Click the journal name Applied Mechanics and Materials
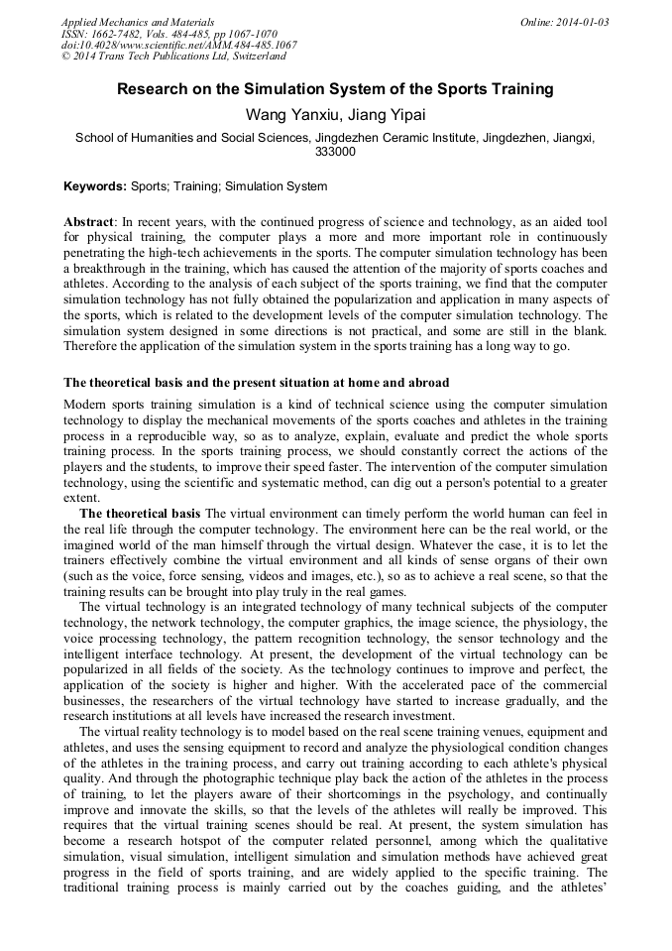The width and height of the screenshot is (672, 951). (x=137, y=22)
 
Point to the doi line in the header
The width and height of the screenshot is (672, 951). (x=178, y=46)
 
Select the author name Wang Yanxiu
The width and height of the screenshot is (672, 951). (x=289, y=116)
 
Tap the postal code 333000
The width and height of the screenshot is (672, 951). (x=336, y=153)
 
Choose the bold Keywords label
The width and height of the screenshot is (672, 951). (x=95, y=186)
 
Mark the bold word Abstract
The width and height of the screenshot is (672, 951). (x=89, y=221)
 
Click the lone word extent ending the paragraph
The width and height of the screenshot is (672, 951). (x=81, y=498)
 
